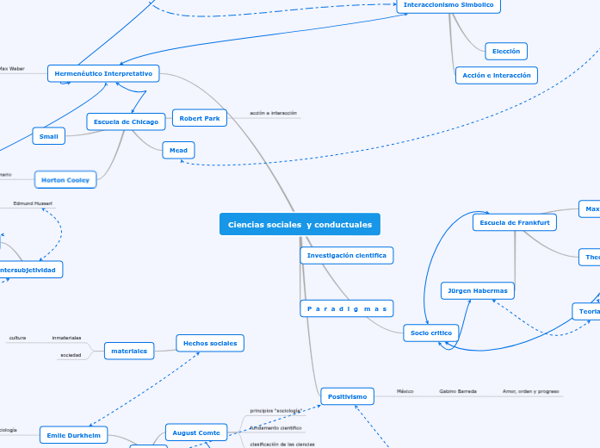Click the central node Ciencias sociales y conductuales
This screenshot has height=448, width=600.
click(300, 224)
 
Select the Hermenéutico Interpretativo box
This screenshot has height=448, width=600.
click(103, 74)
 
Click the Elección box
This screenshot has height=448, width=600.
click(506, 52)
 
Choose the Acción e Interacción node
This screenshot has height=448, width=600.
click(496, 75)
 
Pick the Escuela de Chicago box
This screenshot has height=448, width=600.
click(126, 122)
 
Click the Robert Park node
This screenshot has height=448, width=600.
click(200, 118)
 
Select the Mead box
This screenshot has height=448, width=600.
click(178, 151)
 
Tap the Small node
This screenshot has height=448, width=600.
click(49, 136)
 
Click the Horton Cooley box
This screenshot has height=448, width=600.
click(66, 180)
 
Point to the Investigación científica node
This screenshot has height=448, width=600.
click(347, 256)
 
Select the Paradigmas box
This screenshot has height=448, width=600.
click(347, 308)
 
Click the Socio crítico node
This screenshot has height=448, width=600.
click(431, 333)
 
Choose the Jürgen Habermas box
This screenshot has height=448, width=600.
click(478, 291)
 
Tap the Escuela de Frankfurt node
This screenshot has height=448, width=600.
click(515, 222)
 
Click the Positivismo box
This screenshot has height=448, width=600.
click(348, 396)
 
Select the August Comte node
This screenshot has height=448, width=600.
click(196, 432)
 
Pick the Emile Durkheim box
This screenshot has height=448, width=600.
click(74, 435)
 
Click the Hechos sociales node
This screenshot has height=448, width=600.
click(210, 343)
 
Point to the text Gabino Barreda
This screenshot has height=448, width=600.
click(457, 391)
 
